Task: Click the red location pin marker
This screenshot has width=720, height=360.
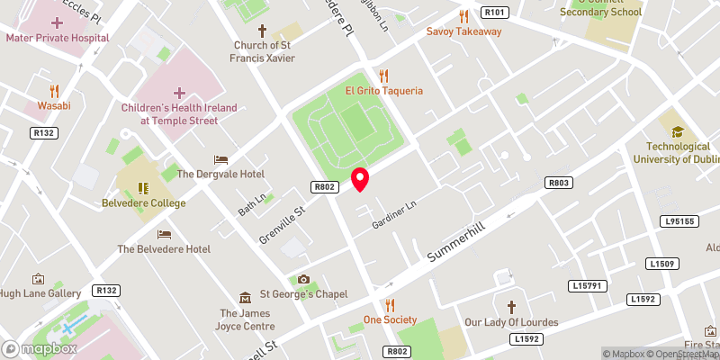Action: coord(360,179)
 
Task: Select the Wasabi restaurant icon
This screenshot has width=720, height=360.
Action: coord(54,90)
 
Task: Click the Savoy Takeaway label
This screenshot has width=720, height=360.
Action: coord(463,31)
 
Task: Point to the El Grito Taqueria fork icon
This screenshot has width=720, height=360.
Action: coord(383,76)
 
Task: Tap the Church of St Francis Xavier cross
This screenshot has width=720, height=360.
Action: coord(261,31)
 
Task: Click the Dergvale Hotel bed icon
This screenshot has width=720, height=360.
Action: coord(220,159)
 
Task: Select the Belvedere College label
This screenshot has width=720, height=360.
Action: coord(143,203)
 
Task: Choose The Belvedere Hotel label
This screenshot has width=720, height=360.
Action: coord(164,248)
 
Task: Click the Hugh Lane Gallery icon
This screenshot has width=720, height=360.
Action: coord(39,279)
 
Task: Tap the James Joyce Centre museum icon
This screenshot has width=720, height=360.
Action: coord(245,297)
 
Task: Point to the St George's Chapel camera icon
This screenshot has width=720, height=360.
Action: coord(303,279)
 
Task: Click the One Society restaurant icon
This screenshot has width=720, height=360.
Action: coord(390,305)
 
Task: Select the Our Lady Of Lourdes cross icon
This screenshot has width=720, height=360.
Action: coord(511,307)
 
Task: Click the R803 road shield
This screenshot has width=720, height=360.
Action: coord(559,183)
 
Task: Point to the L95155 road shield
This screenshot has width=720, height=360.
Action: coord(678,220)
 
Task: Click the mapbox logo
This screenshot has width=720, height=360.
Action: coord(39,347)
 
